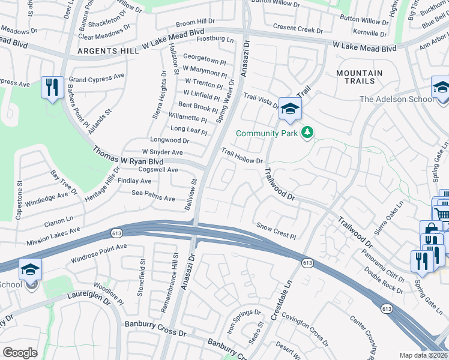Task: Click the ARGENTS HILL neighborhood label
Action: click(x=107, y=52)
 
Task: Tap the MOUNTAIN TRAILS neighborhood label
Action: click(x=359, y=77)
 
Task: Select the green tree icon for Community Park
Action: click(x=307, y=132)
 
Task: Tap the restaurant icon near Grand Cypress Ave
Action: click(x=52, y=88)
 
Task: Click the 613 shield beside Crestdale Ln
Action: click(x=307, y=263)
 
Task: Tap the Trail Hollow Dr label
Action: click(x=243, y=157)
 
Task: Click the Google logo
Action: click(x=20, y=352)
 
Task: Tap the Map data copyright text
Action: click(x=423, y=355)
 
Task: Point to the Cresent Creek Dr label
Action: click(x=298, y=28)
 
